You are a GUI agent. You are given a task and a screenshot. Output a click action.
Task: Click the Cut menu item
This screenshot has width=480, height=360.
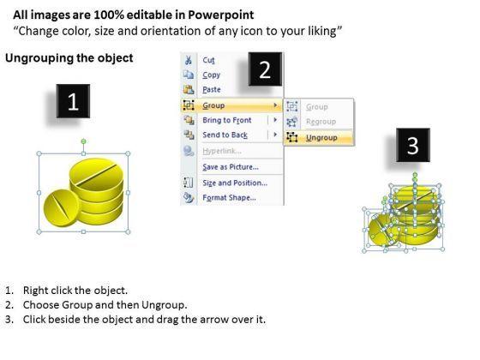(208, 60)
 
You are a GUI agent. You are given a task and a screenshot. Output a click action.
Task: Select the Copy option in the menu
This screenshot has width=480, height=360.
(211, 75)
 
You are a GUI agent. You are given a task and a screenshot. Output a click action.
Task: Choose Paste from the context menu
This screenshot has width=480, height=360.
(212, 90)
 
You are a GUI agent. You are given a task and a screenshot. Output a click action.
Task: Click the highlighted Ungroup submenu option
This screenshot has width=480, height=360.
(321, 138)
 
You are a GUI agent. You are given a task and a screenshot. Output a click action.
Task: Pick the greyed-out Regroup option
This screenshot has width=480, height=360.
(321, 122)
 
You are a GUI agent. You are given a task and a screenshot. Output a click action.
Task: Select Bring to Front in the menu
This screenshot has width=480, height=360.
(227, 120)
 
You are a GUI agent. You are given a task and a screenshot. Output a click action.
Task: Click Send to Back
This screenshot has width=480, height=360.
(225, 135)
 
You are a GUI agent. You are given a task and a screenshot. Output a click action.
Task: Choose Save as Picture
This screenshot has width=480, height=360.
(231, 167)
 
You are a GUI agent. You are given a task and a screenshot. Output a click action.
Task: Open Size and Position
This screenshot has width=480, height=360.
(235, 183)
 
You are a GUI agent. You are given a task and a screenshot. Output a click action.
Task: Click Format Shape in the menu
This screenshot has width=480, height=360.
(230, 198)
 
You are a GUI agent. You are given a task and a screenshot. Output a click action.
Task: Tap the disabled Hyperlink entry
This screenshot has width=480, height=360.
(222, 151)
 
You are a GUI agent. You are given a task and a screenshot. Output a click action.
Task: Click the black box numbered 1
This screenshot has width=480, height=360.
(73, 101)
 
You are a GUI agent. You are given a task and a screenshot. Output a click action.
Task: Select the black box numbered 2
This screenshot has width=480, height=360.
(265, 69)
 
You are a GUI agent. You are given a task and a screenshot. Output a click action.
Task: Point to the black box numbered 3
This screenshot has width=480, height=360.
(413, 145)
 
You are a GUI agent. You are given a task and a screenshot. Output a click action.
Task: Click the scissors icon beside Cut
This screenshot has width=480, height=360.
(189, 60)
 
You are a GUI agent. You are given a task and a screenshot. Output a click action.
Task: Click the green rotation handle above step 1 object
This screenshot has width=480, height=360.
(84, 141)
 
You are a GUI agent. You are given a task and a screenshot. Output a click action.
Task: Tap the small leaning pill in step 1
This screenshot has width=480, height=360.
(61, 207)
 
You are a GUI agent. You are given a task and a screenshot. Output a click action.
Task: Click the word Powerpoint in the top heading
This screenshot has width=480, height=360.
(221, 15)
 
